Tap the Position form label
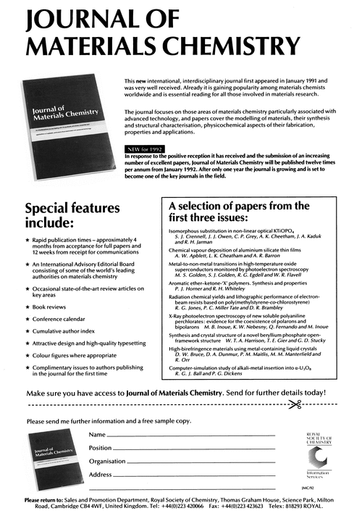tap(100, 448)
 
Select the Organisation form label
tap(107, 461)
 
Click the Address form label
tap(101, 474)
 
